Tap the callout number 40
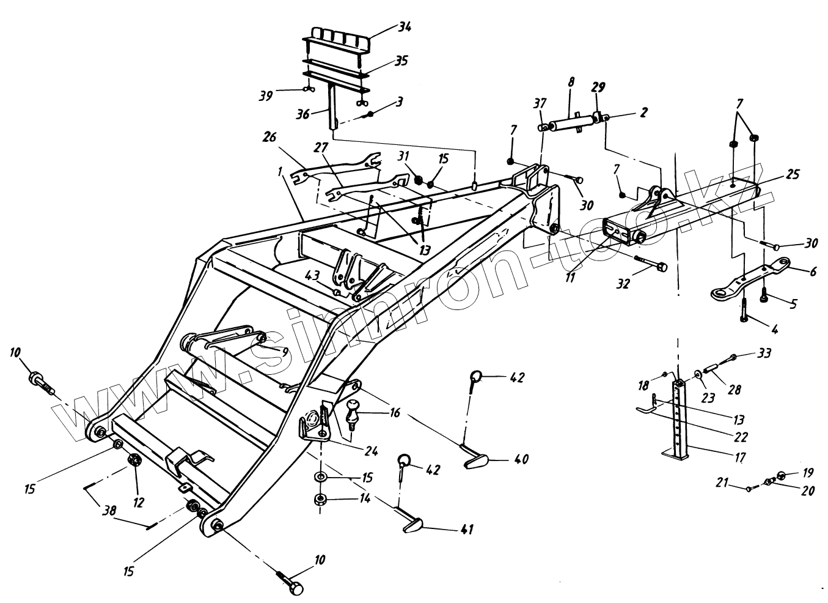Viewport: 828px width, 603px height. [x=521, y=459]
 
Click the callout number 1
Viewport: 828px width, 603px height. [x=280, y=173]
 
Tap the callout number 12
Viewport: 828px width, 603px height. [x=139, y=502]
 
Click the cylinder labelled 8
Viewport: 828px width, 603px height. [x=568, y=125]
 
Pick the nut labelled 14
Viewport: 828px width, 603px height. [x=319, y=499]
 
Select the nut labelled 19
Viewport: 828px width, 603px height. [x=782, y=475]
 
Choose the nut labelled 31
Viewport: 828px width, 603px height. [x=419, y=179]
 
